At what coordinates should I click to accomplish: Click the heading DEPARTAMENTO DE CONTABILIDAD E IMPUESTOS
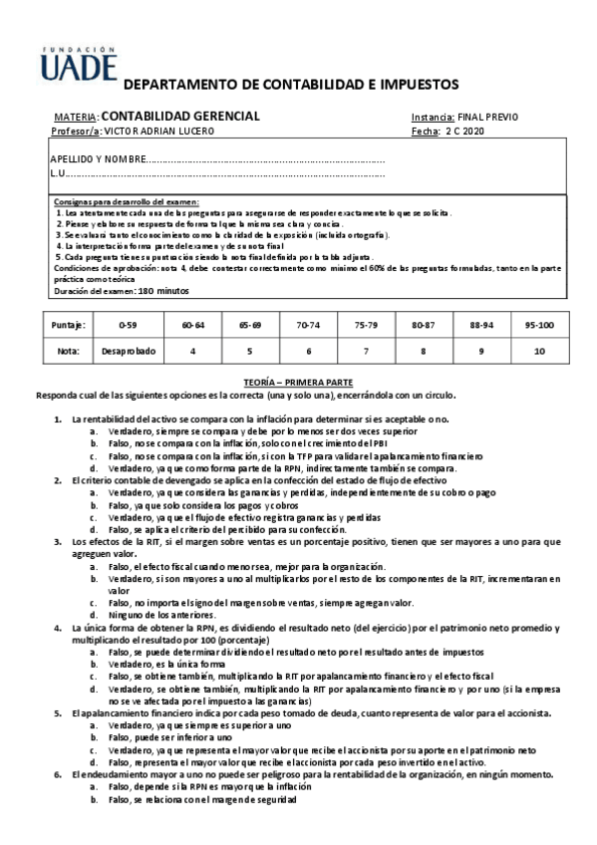(x=289, y=85)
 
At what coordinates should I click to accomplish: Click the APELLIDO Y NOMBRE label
(x=97, y=159)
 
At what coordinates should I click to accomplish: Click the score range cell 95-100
(x=539, y=325)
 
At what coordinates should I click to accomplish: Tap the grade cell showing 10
(x=539, y=351)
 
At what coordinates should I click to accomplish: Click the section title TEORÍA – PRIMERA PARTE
(x=298, y=382)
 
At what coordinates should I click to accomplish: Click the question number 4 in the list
(x=58, y=629)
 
